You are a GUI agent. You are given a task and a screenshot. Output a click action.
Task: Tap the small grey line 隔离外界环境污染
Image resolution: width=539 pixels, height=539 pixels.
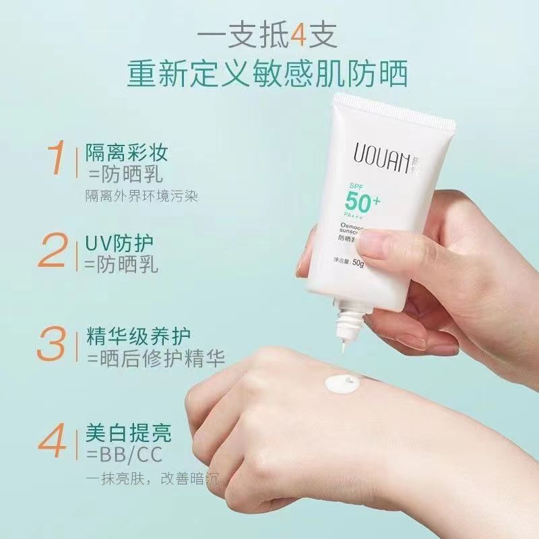(141, 195)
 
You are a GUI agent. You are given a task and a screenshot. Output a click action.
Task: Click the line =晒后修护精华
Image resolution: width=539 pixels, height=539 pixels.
(154, 357)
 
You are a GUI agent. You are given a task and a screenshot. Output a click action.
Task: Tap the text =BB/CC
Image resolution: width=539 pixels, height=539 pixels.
(123, 452)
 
